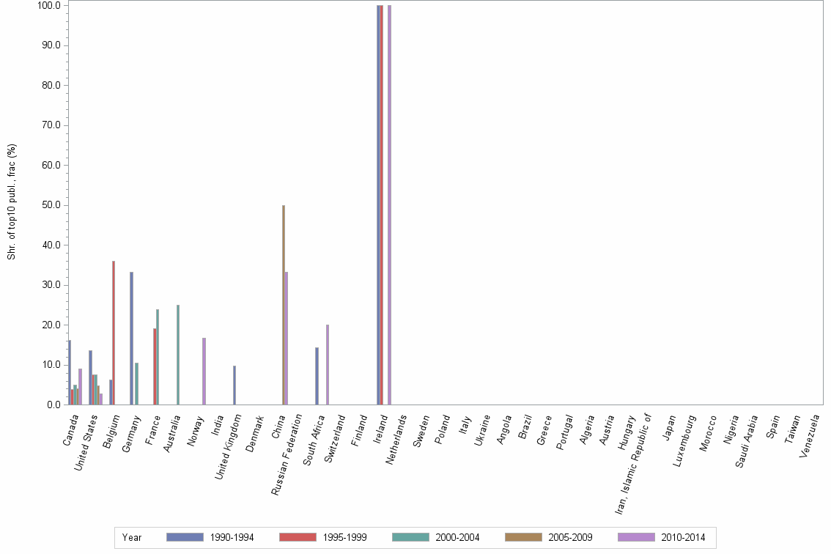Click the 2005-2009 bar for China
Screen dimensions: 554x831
pyautogui.click(x=284, y=305)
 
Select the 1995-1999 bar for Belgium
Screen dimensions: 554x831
pyautogui.click(x=114, y=333)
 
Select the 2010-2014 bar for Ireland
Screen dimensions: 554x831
pyautogui.click(x=390, y=205)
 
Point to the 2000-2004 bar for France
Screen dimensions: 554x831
pyautogui.click(x=158, y=357)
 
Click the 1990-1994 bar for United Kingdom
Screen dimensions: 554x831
pyautogui.click(x=234, y=385)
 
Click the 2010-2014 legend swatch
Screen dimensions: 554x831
pyautogui.click(x=636, y=538)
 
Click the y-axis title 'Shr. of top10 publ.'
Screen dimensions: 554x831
pyautogui.click(x=12, y=202)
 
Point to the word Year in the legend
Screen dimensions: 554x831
pyautogui.click(x=133, y=538)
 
